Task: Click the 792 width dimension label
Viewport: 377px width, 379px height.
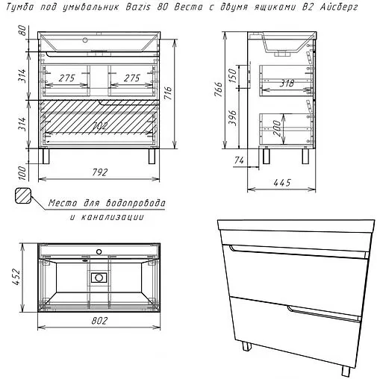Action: (x=100, y=172)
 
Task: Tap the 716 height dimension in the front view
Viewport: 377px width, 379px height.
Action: (x=168, y=93)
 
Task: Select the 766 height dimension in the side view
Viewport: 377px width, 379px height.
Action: (x=218, y=90)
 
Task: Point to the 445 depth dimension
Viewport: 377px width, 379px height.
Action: (x=282, y=183)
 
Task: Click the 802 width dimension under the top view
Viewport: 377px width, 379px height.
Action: (x=99, y=321)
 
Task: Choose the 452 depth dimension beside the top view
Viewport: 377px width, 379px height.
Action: (x=16, y=276)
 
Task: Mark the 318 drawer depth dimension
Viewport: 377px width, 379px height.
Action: (x=287, y=84)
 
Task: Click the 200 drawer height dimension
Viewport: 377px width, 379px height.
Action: (x=277, y=128)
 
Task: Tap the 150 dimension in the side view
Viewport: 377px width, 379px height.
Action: (x=232, y=76)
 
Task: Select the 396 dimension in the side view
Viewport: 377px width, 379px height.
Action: (x=232, y=118)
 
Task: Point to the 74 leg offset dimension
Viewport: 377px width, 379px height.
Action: (x=239, y=160)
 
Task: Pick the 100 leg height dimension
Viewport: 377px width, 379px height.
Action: (x=22, y=173)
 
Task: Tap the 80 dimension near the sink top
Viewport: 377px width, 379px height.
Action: (x=22, y=31)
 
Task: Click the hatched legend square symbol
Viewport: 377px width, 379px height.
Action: (x=23, y=195)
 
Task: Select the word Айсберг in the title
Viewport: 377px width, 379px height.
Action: (x=339, y=7)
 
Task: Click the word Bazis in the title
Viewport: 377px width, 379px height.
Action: (x=138, y=7)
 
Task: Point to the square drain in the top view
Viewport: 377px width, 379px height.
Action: (x=99, y=278)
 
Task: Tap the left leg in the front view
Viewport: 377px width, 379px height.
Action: (x=46, y=156)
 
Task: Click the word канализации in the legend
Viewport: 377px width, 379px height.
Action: (x=113, y=217)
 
